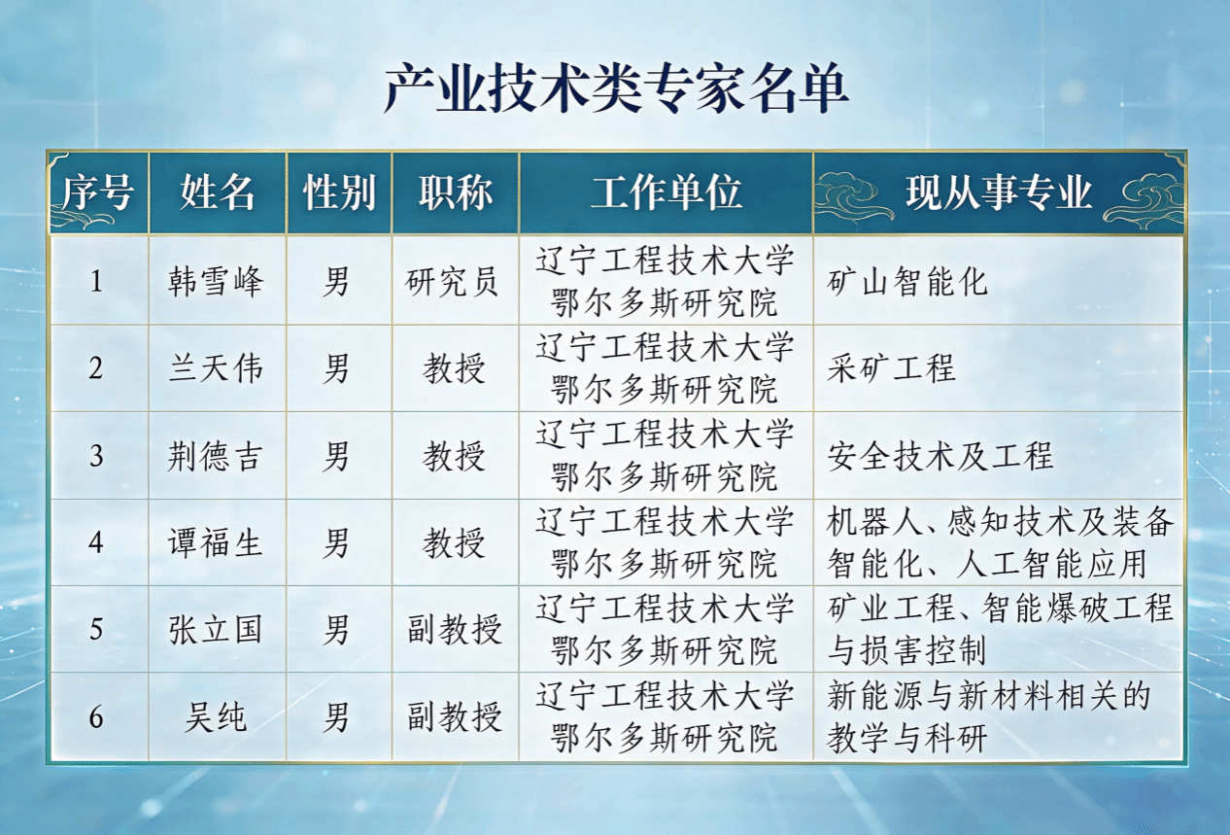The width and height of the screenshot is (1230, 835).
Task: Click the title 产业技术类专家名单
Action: click(x=616, y=88)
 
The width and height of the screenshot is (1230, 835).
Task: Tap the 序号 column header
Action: click(x=98, y=192)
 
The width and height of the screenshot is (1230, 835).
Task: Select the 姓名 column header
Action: click(x=217, y=192)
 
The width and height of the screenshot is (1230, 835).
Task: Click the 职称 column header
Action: click(x=456, y=192)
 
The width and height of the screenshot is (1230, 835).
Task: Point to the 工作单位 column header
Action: click(x=666, y=192)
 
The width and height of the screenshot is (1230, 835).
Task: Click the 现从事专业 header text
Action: click(x=999, y=192)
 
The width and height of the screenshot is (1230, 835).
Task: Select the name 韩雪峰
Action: click(x=216, y=281)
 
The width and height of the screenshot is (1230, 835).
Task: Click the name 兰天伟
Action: click(x=216, y=368)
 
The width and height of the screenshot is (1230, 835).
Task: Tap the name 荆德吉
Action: click(x=216, y=456)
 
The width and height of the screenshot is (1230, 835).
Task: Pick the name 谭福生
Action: click(x=216, y=542)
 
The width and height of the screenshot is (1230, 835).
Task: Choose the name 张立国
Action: click(x=216, y=630)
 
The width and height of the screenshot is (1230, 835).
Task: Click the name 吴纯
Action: click(x=216, y=716)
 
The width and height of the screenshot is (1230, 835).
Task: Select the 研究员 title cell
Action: click(x=452, y=281)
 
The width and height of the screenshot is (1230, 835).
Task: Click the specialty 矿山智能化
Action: click(x=907, y=281)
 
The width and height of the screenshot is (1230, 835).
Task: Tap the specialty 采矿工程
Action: click(x=891, y=368)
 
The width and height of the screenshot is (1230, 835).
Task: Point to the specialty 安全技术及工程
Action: click(x=940, y=456)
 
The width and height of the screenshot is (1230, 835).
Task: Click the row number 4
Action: click(x=96, y=542)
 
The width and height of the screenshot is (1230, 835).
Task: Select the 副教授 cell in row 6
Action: click(x=455, y=716)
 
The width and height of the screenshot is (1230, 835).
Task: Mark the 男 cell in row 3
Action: click(x=336, y=456)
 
